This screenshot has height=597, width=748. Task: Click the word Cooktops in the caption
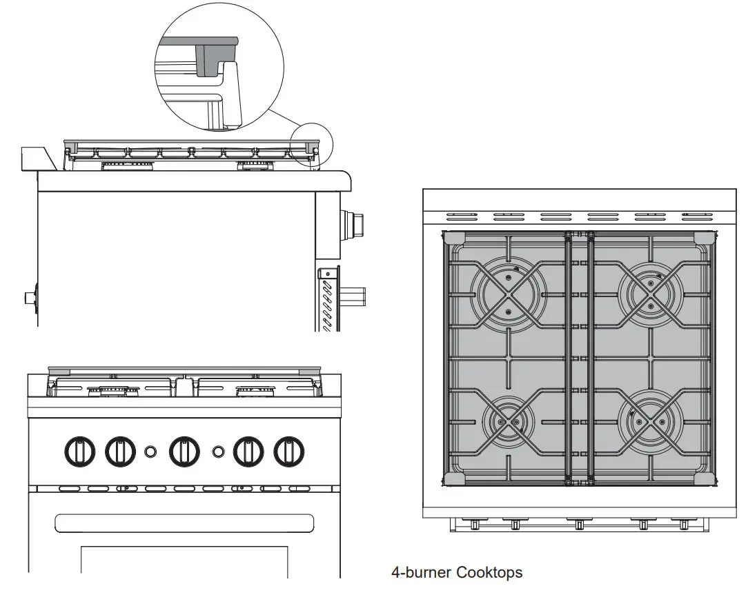489,572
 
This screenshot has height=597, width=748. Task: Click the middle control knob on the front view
184,452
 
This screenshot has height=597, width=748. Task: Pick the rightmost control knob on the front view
289,452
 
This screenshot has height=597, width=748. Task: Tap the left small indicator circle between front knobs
150,452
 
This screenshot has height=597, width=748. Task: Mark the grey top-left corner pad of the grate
453,238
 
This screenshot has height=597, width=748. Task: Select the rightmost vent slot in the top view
696,216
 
